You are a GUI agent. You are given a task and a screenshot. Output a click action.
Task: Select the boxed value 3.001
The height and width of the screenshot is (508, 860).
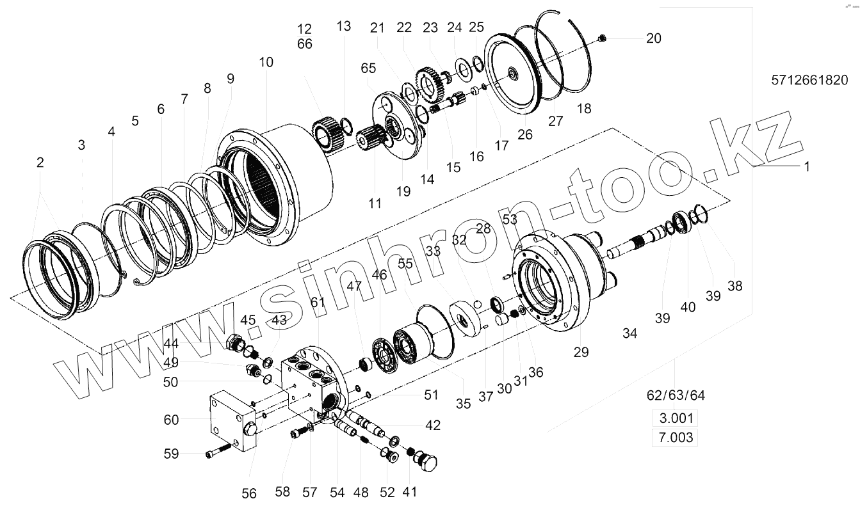(674, 419)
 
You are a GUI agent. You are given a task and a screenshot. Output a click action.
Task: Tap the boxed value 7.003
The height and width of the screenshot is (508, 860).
(674, 438)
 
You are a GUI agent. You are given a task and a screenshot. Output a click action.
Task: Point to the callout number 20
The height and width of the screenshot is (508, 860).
(653, 38)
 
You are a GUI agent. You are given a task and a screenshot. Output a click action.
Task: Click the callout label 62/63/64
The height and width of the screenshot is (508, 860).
(675, 395)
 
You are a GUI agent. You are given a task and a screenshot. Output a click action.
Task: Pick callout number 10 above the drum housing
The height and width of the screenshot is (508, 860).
(266, 62)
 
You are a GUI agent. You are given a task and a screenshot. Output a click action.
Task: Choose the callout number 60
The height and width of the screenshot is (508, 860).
(171, 420)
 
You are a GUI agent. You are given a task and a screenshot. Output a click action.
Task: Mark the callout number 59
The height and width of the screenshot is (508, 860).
(171, 454)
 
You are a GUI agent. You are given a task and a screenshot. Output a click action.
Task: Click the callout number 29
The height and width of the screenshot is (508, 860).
(581, 351)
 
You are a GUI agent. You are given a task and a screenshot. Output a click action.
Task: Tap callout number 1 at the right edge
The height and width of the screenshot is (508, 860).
(807, 166)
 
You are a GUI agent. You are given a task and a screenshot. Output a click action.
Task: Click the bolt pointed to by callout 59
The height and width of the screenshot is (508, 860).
(218, 454)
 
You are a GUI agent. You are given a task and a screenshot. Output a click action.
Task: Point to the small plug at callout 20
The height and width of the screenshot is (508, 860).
(601, 39)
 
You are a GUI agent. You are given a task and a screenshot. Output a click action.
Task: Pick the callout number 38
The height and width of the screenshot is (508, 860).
(734, 286)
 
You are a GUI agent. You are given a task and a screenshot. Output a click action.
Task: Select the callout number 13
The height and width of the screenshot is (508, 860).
(344, 26)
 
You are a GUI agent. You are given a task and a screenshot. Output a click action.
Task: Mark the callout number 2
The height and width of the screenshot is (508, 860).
(40, 163)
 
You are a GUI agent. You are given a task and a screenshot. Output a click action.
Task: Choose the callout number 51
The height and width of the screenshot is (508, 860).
(431, 395)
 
